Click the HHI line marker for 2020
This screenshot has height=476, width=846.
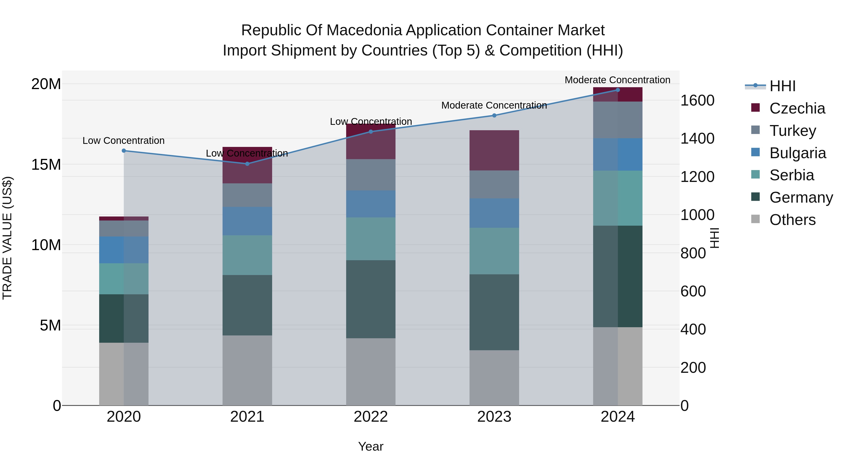[124, 151]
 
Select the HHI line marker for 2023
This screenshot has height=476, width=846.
[494, 115]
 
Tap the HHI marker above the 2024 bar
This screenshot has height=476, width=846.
[618, 90]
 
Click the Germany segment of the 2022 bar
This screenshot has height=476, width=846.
[371, 299]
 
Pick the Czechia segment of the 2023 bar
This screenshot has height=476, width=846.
[494, 150]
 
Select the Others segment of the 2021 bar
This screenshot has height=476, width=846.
[247, 370]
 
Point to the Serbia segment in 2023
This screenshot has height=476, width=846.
[494, 251]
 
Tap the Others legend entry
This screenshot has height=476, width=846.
[792, 220]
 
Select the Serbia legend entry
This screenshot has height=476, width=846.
[791, 175]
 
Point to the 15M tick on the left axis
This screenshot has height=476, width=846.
[46, 164]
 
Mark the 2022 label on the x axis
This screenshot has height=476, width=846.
[371, 417]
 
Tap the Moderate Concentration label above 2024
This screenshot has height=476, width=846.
[617, 80]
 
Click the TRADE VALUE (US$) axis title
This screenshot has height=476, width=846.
[7, 238]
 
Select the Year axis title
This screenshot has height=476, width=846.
[371, 446]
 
